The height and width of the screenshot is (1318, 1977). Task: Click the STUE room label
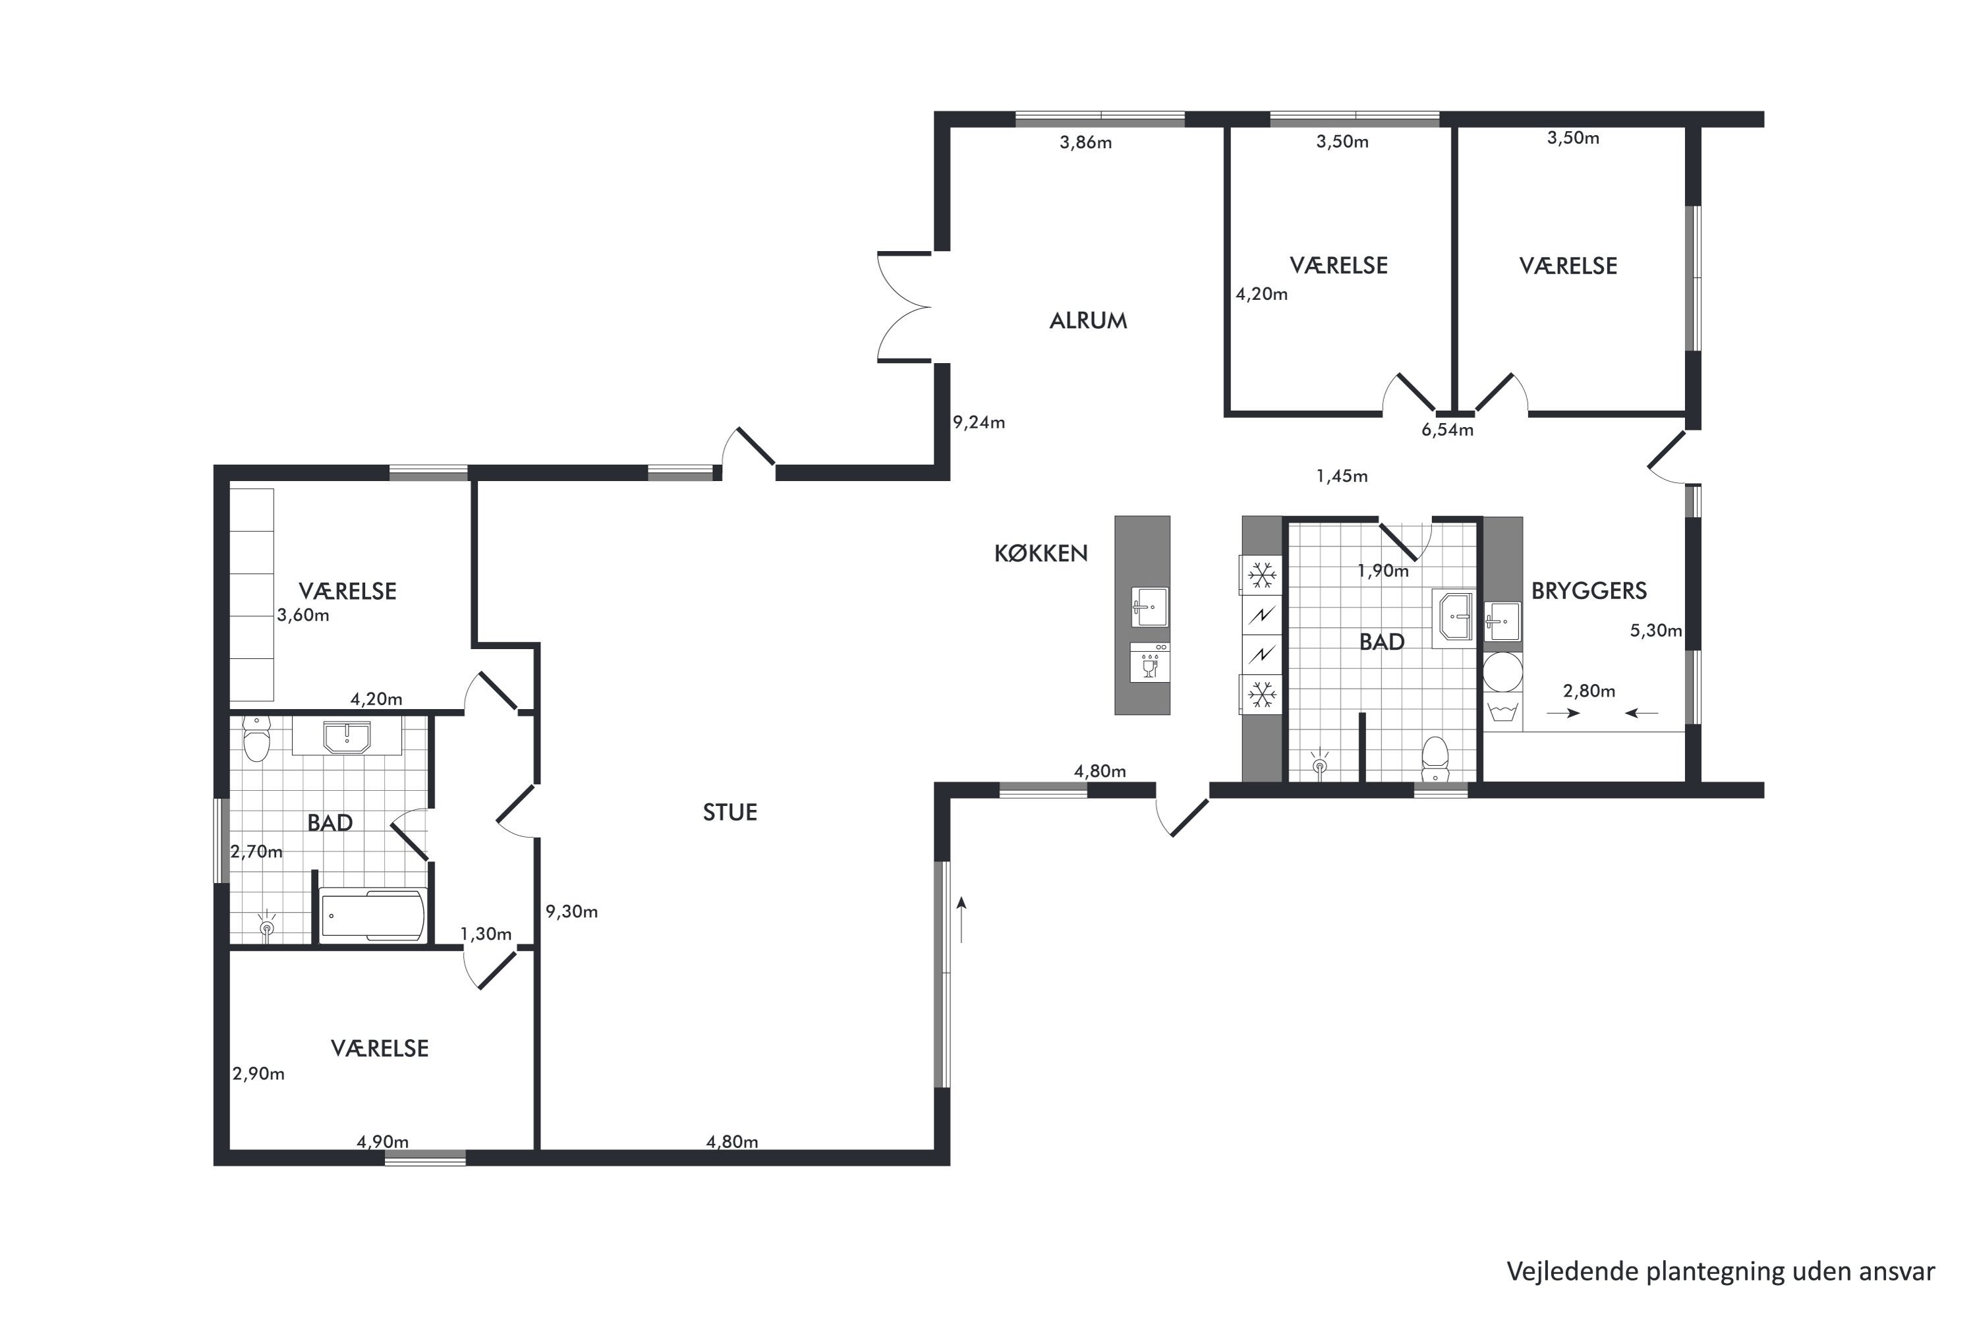point(730,812)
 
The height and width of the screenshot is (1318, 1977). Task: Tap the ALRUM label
point(1088,320)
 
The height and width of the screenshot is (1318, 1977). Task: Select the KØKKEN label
point(1041,553)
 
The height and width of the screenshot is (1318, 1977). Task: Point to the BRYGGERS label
point(1589,591)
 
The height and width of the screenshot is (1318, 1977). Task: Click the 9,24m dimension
point(979,422)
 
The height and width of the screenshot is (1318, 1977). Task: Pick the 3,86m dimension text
point(1085,142)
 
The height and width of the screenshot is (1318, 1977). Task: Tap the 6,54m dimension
point(1447,430)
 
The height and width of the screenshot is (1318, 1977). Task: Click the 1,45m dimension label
point(1342,476)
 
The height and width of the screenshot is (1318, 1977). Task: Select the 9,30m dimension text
point(571,911)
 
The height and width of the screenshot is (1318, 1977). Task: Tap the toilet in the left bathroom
point(256,739)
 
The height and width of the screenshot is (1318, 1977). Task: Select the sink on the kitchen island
point(1149,607)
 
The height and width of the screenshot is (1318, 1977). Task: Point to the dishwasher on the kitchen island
point(1149,662)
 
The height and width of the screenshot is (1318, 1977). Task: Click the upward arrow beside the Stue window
point(961,919)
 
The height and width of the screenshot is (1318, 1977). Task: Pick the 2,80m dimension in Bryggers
point(1589,691)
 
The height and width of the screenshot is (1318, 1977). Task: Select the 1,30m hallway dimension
point(486,934)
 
